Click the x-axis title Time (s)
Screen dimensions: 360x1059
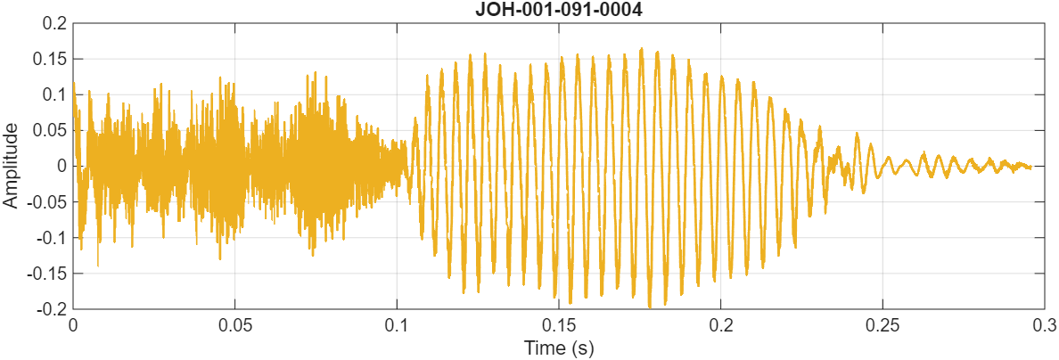coord(559,348)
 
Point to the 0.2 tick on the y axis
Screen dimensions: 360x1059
coord(54,23)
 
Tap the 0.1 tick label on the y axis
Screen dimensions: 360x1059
coord(54,94)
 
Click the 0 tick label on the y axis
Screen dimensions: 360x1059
coord(62,166)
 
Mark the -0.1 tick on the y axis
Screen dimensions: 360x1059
coord(52,237)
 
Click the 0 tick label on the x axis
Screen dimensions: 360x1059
coord(73,323)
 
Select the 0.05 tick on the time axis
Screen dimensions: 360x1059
coord(234,323)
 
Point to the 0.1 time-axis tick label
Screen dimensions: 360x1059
coord(397,323)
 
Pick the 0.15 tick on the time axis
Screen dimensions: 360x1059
coord(559,323)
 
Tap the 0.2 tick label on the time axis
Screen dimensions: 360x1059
coord(721,323)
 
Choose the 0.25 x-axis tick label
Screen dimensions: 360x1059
coord(882,323)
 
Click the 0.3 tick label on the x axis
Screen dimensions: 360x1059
coord(1044,323)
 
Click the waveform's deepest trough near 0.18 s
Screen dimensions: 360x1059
coord(650,306)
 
